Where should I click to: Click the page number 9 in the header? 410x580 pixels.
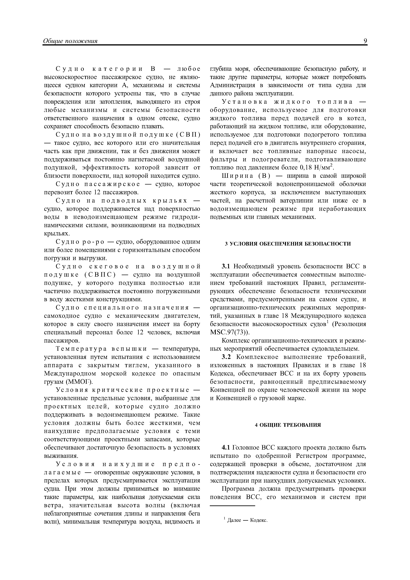tap(365, 41)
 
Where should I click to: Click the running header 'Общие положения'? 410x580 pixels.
tap(70, 41)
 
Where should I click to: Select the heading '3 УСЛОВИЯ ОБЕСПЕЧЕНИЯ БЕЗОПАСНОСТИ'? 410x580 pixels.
tap(288, 244)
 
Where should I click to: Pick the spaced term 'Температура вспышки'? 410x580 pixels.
tap(101, 349)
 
